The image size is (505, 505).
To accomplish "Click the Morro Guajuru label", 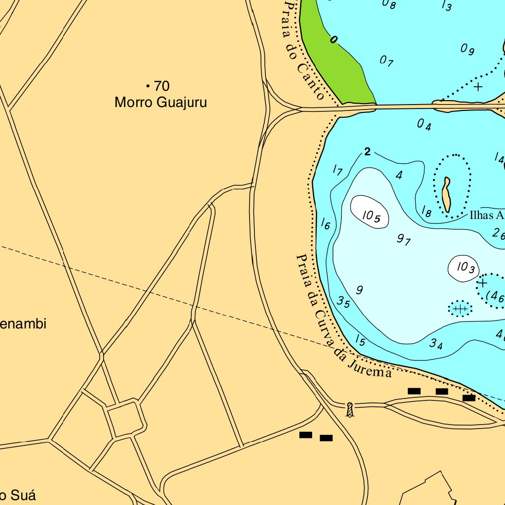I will click(160, 103).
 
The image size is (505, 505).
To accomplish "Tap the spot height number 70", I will click(161, 86).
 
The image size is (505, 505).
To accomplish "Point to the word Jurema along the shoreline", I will click(369, 367).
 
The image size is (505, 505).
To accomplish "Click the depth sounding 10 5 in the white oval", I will click(370, 216).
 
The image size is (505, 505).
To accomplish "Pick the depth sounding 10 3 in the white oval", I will click(465, 268).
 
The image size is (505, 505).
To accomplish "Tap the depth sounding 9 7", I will click(404, 240).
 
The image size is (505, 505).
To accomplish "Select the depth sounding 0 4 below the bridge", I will click(424, 125).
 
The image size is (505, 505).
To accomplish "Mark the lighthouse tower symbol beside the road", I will click(350, 410).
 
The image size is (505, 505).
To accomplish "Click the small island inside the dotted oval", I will click(447, 195).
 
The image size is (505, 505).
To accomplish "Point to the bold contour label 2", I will click(367, 152).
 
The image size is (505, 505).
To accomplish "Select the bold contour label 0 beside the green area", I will click(334, 40).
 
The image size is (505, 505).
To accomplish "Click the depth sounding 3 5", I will click(344, 302).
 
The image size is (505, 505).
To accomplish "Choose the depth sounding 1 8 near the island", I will click(426, 212).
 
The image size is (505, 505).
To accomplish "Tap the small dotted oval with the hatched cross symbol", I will click(460, 309).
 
